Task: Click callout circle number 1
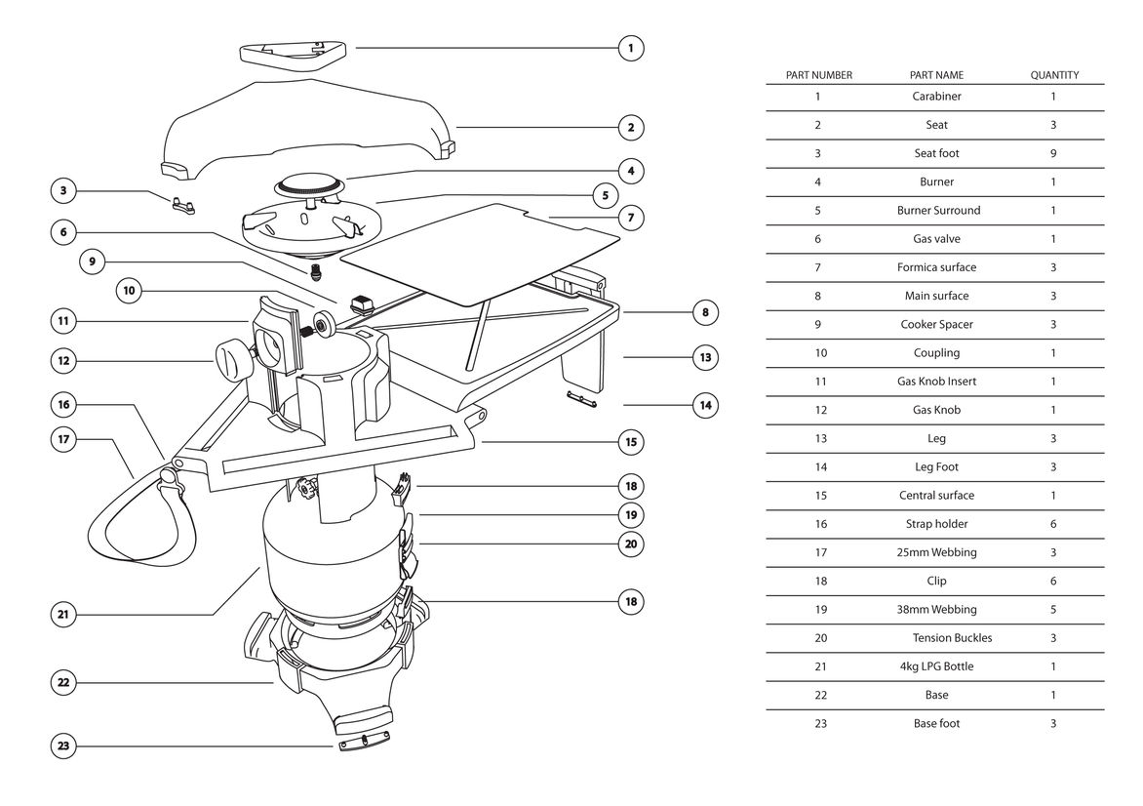tap(631, 47)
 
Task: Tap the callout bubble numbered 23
tap(63, 746)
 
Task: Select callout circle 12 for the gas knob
tap(63, 361)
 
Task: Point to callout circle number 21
tap(63, 614)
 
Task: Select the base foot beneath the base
tap(366, 744)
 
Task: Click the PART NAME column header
tap(936, 75)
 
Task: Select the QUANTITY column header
tap(1054, 75)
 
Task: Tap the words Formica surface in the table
tap(936, 267)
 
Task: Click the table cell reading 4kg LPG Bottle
tap(936, 666)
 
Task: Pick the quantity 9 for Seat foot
tap(1053, 153)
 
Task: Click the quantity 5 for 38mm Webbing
tap(1053, 610)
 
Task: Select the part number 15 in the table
tap(819, 496)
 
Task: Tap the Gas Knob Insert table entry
tap(936, 382)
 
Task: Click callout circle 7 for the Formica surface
tap(631, 218)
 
